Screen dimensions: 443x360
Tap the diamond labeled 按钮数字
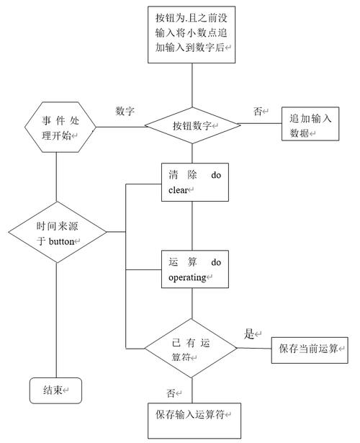[192, 125]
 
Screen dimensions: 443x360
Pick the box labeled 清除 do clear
[194, 182]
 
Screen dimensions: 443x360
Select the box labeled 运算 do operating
[194, 269]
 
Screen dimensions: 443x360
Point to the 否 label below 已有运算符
[171, 393]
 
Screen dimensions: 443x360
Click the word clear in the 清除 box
[179, 190]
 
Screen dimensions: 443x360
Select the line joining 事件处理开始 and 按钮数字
[120, 127]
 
